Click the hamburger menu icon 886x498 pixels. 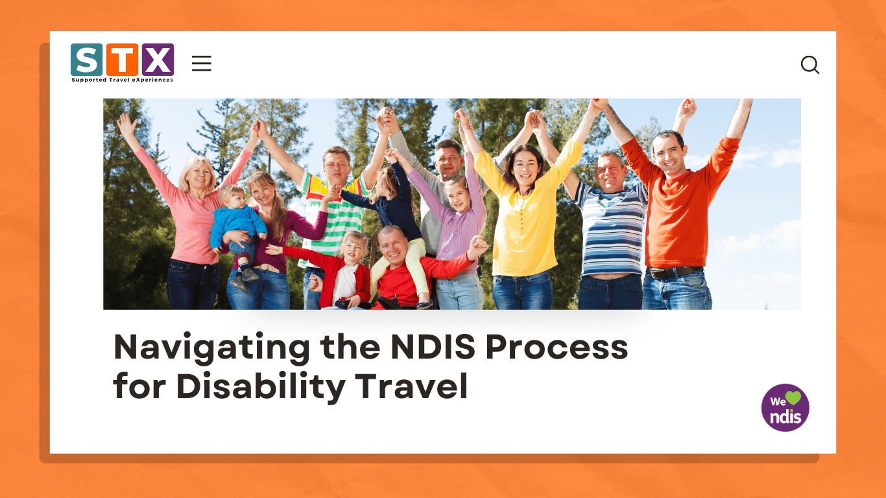pos(202,64)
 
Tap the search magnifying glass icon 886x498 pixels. pos(810,65)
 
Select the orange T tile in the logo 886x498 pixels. pos(122,60)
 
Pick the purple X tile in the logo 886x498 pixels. pos(158,60)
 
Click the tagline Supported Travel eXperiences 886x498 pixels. pos(123,80)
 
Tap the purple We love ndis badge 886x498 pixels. pos(785,408)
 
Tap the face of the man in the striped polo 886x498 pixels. pos(610,172)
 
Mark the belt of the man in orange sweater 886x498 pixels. pos(675,273)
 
